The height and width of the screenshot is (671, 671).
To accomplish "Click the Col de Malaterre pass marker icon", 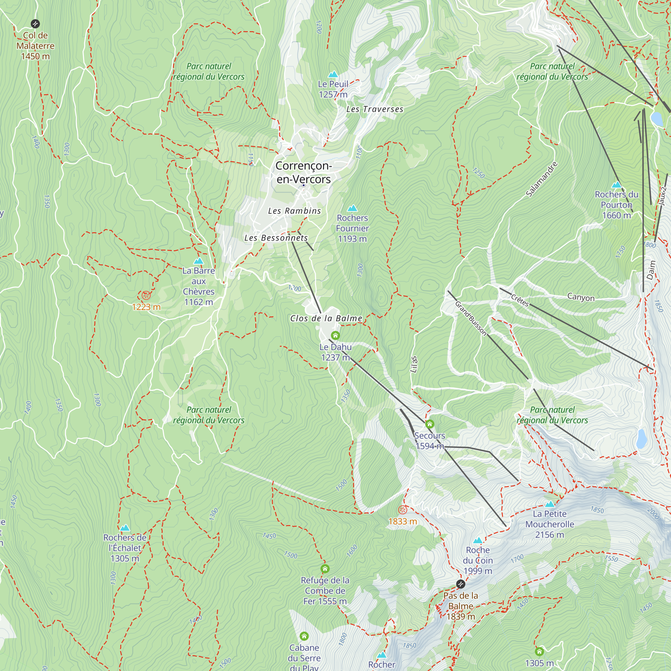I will [35, 23].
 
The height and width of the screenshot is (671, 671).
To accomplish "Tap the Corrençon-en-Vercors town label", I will [304, 172].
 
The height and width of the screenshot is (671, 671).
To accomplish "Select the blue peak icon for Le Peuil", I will [333, 74].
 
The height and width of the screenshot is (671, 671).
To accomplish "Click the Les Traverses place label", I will [375, 109].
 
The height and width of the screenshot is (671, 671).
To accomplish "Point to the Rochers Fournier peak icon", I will [352, 208].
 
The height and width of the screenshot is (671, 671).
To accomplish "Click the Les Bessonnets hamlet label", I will [276, 238].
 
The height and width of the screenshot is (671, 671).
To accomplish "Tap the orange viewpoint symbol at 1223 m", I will [146, 296].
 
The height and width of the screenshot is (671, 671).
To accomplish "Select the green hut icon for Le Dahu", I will [335, 335].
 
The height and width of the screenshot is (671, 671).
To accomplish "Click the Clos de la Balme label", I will [326, 318].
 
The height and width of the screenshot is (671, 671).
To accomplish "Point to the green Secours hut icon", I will [430, 424].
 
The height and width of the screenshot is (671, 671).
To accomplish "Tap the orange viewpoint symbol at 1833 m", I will [402, 510].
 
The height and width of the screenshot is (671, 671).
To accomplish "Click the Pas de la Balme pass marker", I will [461, 584].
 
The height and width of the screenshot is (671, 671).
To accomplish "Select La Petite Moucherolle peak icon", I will [550, 504].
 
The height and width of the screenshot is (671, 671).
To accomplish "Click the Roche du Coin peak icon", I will [478, 540].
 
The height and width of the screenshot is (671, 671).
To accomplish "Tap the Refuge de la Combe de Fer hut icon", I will [325, 569].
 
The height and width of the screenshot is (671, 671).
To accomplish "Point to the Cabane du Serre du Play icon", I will [304, 636].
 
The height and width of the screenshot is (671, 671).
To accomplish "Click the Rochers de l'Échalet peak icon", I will [125, 528].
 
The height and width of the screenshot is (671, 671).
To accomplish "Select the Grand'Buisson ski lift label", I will [471, 318].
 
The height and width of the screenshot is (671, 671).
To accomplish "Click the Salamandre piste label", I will [541, 179].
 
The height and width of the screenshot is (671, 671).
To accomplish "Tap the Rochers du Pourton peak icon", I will [616, 185].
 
